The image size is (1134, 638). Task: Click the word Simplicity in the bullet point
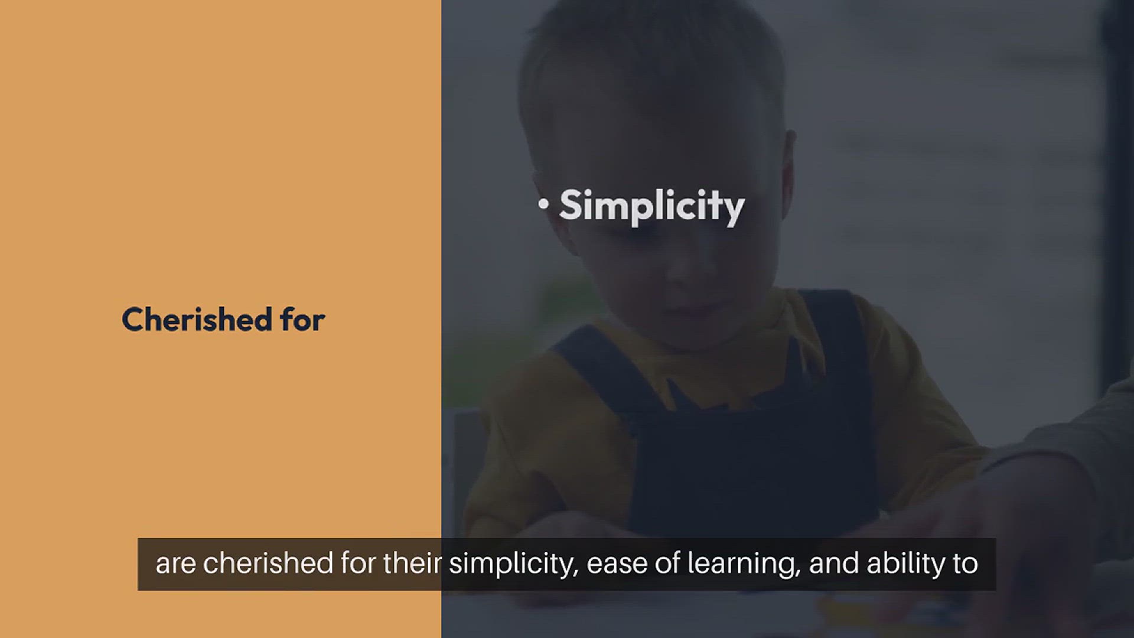[x=651, y=207]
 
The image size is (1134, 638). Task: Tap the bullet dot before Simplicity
[x=543, y=204]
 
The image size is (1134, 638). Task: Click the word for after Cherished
[x=302, y=319]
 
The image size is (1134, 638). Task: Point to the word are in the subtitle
[x=175, y=564]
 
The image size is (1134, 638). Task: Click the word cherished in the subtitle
[x=269, y=563]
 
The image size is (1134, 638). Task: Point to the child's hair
[x=650, y=59]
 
